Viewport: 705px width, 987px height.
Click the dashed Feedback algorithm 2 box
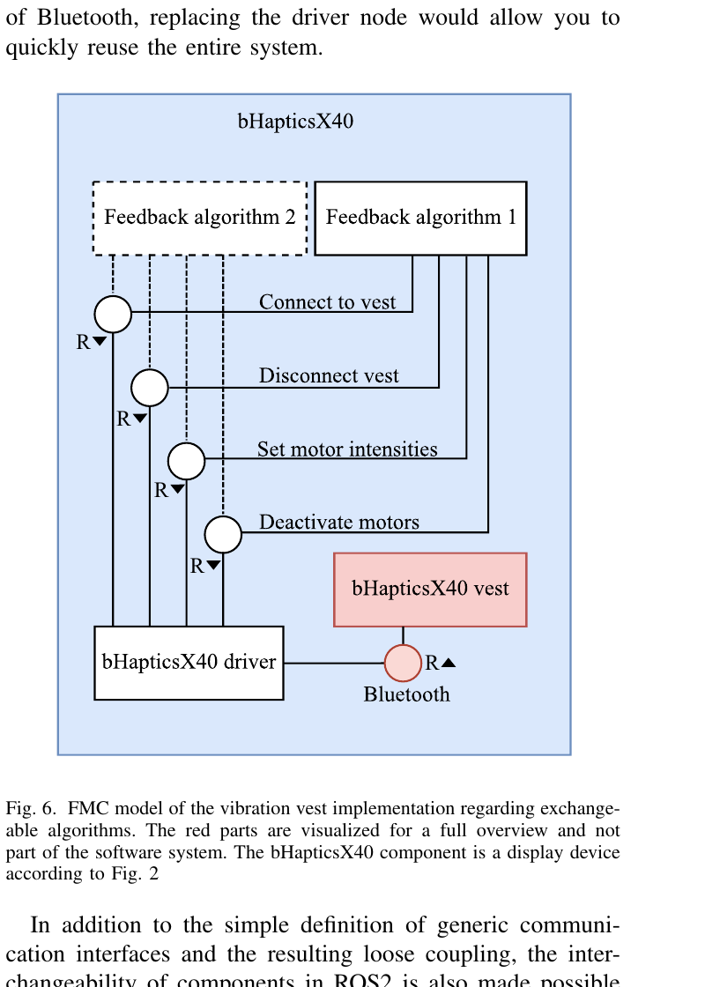pyautogui.click(x=200, y=218)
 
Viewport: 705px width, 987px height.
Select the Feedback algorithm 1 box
pyautogui.click(x=420, y=218)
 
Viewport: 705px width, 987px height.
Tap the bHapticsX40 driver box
pyautogui.click(x=189, y=663)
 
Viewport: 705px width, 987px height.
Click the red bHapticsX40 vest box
pyautogui.click(x=430, y=589)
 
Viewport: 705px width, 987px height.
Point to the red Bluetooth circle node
pyautogui.click(x=403, y=663)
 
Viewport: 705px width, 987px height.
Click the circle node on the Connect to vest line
pyautogui.click(x=113, y=314)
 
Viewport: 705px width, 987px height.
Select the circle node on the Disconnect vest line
pyautogui.click(x=150, y=388)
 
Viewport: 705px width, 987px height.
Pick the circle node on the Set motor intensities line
pyautogui.click(x=186, y=460)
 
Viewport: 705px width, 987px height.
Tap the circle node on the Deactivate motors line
pyautogui.click(x=223, y=534)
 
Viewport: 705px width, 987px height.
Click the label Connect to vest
pyautogui.click(x=327, y=302)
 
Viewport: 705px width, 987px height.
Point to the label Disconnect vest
pyautogui.click(x=329, y=376)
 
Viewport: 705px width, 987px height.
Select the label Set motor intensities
pyautogui.click(x=347, y=449)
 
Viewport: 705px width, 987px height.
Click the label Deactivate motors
pyautogui.click(x=338, y=523)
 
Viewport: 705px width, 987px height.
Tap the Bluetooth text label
pyautogui.click(x=406, y=694)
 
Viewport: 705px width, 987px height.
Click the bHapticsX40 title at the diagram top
pyautogui.click(x=295, y=122)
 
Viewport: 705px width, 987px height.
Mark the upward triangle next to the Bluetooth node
pyautogui.click(x=449, y=663)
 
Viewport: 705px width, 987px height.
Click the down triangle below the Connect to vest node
pyautogui.click(x=100, y=341)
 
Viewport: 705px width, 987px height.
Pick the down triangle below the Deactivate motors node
pyautogui.click(x=213, y=566)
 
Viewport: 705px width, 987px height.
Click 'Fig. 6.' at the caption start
pyautogui.click(x=32, y=808)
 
